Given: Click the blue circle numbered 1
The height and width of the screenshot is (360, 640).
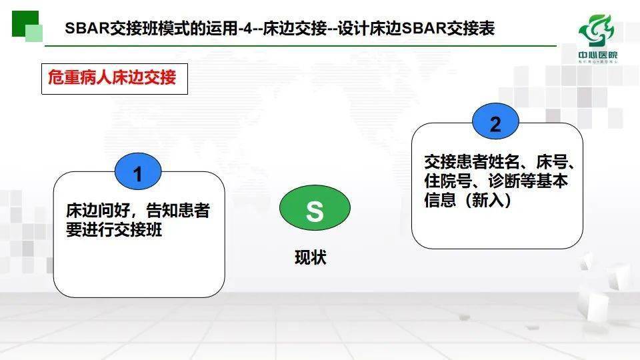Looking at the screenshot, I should pos(137,175).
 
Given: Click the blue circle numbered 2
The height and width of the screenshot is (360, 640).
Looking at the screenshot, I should pos(495,125).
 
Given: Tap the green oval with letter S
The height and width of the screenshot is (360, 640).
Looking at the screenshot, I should pos(314,211).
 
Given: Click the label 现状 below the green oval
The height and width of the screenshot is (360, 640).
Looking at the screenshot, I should pos(311,257).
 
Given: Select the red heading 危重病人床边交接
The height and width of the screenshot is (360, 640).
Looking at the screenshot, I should pos(112,78).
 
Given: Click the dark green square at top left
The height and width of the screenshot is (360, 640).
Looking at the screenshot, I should pos(25,24).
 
